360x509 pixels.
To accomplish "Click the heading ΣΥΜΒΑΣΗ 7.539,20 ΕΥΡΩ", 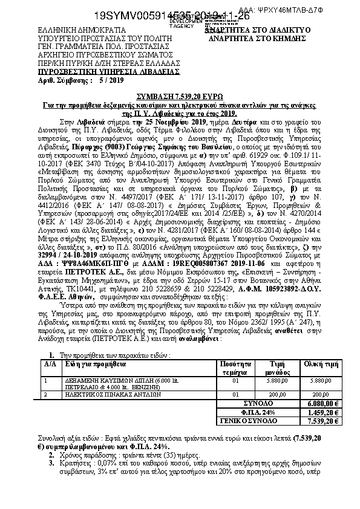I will (x=179, y=97).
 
